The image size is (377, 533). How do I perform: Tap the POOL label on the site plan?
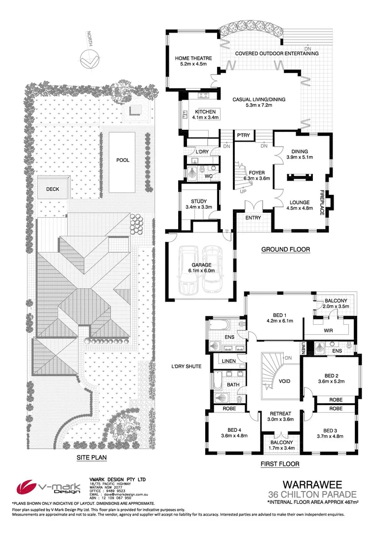pyautogui.click(x=123, y=160)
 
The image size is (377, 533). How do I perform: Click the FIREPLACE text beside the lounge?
pyautogui.click(x=321, y=202)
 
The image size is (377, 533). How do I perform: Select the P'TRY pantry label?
pyautogui.click(x=243, y=135)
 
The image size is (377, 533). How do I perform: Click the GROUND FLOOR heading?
pyautogui.click(x=286, y=250)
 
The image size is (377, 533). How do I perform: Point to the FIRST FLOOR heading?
pyautogui.click(x=280, y=464)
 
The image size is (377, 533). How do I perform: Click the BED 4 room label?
pyautogui.click(x=234, y=432)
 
